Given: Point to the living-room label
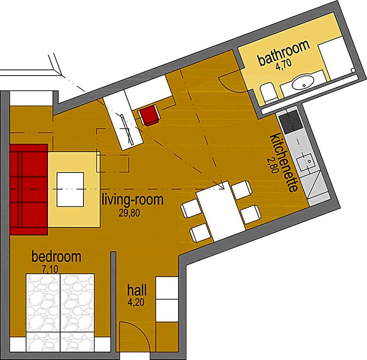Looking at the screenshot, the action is click(x=133, y=200).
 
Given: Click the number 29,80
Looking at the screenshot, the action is click(x=130, y=213).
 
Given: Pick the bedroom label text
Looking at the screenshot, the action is click(x=56, y=257).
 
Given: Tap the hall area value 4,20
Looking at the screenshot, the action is click(x=136, y=302).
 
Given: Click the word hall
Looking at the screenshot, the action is click(x=137, y=290).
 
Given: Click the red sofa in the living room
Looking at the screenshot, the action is click(x=29, y=189).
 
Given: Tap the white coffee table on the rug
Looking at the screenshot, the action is click(x=70, y=189).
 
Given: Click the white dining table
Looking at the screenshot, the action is click(x=221, y=211).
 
